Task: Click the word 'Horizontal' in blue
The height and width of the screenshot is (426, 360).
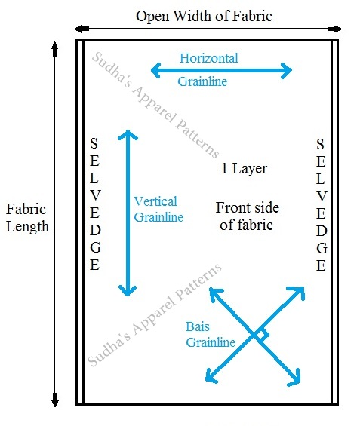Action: point(210,58)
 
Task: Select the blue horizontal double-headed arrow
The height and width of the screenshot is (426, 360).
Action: point(221,71)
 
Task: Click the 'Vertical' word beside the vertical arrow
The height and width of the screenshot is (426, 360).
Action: point(155,201)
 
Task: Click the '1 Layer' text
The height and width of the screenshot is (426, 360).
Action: point(244,168)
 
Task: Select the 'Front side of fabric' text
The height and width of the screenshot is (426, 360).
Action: point(244,216)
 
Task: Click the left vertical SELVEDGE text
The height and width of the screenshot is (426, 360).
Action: point(94,204)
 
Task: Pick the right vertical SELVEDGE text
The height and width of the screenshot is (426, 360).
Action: point(321,204)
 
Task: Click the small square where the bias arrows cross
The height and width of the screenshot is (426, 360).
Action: point(260,333)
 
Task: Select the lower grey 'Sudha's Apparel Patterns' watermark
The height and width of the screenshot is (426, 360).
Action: point(155,313)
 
